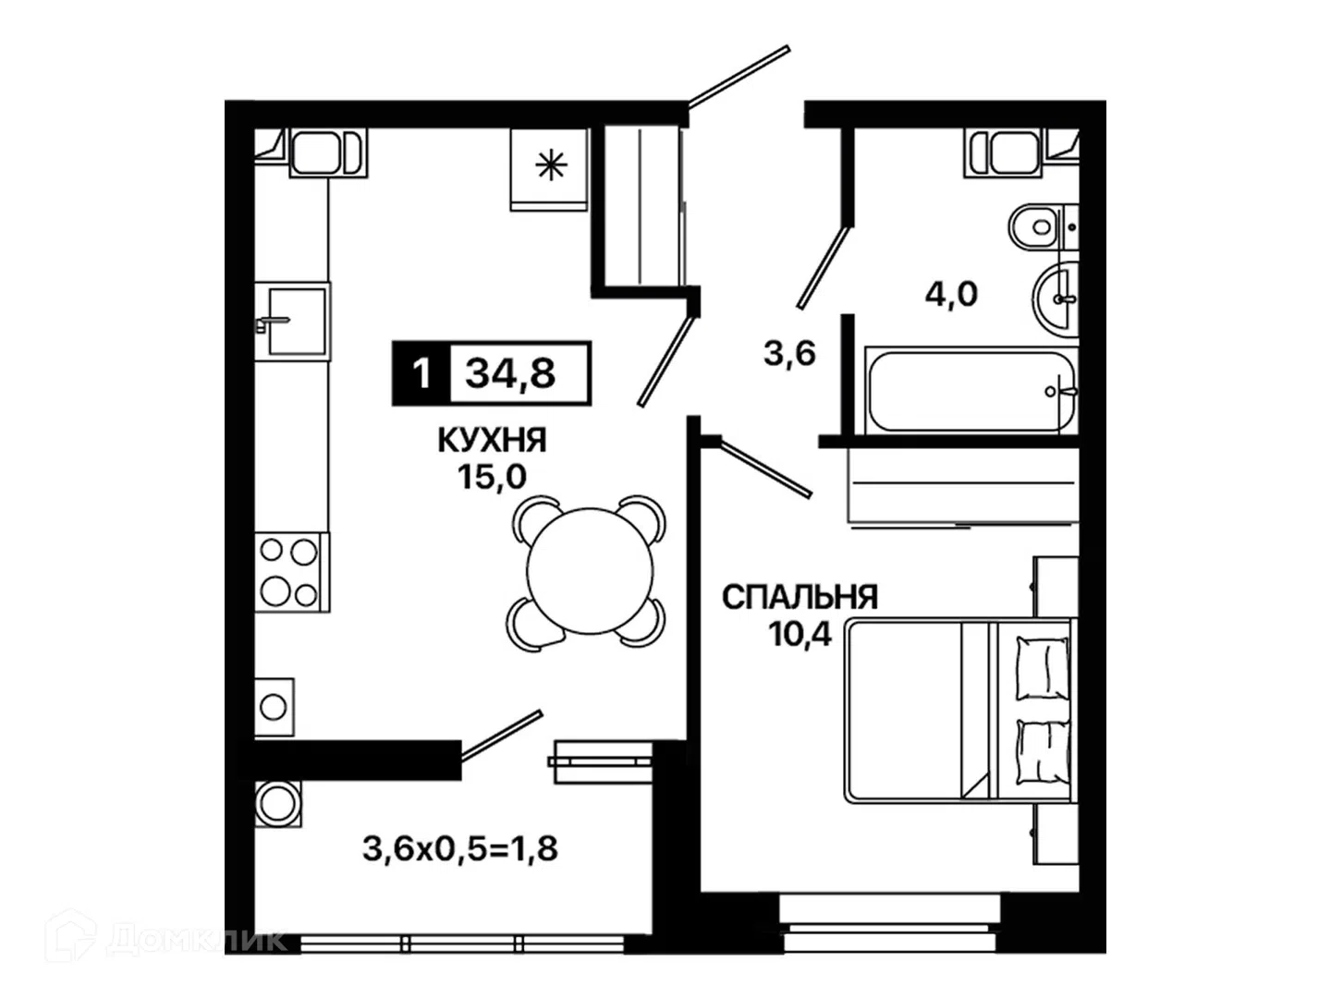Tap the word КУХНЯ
492,440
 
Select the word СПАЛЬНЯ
800,597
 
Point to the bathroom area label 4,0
951,295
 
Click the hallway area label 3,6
789,353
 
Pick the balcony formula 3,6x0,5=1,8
460,848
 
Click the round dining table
590,571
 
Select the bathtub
971,391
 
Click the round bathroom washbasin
1056,299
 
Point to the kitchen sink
292,322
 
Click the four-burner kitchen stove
292,572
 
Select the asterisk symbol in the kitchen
551,165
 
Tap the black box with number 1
421,372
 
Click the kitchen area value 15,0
492,477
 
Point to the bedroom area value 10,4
800,635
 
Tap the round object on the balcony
277,804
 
